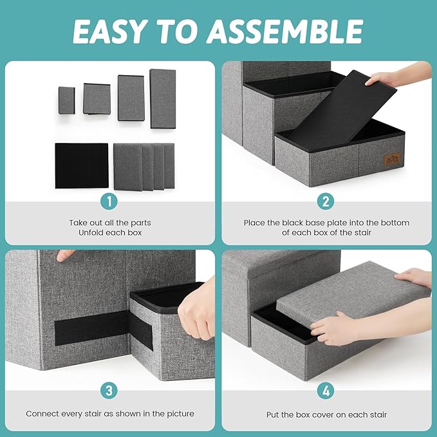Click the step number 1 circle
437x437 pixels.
pyautogui.click(x=109, y=201)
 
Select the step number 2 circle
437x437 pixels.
pyautogui.click(x=326, y=201)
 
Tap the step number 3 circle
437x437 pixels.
pyautogui.click(x=109, y=390)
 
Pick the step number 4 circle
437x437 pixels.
pyautogui.click(x=326, y=390)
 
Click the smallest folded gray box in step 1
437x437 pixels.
pyautogui.click(x=67, y=100)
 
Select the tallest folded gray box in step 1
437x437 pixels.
pyautogui.click(x=163, y=98)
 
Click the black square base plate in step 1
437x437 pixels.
pyautogui.click(x=81, y=165)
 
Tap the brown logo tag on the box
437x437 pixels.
pyautogui.click(x=391, y=158)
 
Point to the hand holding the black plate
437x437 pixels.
pyautogui.click(x=394, y=79)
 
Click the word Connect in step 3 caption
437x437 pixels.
pyautogui.click(x=42, y=413)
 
